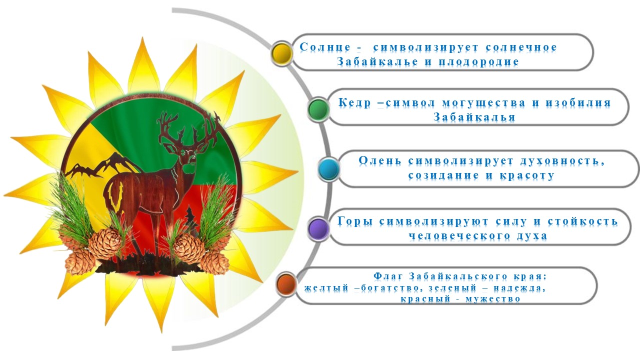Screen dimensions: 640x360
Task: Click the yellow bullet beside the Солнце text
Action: pos(282,53)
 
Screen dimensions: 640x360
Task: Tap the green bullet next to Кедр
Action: pos(318,109)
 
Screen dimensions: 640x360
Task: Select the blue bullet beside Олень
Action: pos(329,169)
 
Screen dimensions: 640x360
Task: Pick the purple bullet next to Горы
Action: pos(318,228)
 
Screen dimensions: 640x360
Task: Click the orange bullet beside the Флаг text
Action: pos(286,283)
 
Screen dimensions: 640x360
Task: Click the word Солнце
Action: pos(325,47)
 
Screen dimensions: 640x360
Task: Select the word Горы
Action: pos(355,221)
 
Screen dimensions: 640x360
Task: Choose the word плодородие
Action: pos(478,62)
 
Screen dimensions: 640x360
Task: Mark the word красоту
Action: pos(527,175)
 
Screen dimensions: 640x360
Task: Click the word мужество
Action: pos(493,299)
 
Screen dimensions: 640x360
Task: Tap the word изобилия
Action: pos(578,103)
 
